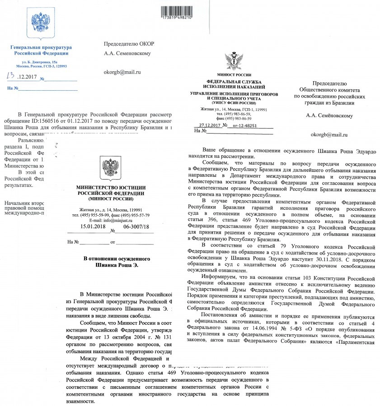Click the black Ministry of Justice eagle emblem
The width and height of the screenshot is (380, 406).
pyautogui.click(x=110, y=167)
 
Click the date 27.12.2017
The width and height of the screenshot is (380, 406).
pyautogui.click(x=209, y=125)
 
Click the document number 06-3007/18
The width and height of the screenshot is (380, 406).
pyautogui.click(x=136, y=227)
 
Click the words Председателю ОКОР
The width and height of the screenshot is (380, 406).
pyautogui.click(x=129, y=44)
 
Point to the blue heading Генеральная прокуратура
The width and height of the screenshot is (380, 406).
pyautogui.click(x=41, y=47)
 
